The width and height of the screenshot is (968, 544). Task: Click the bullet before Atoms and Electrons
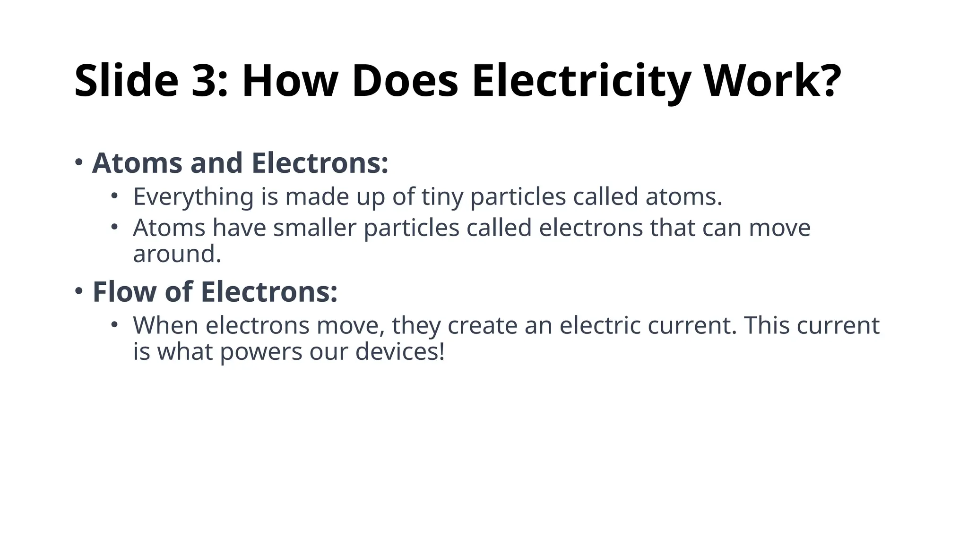79,162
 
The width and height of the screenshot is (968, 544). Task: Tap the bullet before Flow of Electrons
79,291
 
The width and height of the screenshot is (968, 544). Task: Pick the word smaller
315,228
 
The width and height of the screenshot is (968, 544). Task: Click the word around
177,254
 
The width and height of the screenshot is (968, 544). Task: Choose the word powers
261,353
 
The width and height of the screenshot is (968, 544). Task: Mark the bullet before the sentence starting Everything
114,195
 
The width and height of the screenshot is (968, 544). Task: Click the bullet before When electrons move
114,324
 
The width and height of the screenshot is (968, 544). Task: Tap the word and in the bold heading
216,163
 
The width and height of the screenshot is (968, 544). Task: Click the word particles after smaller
412,228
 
